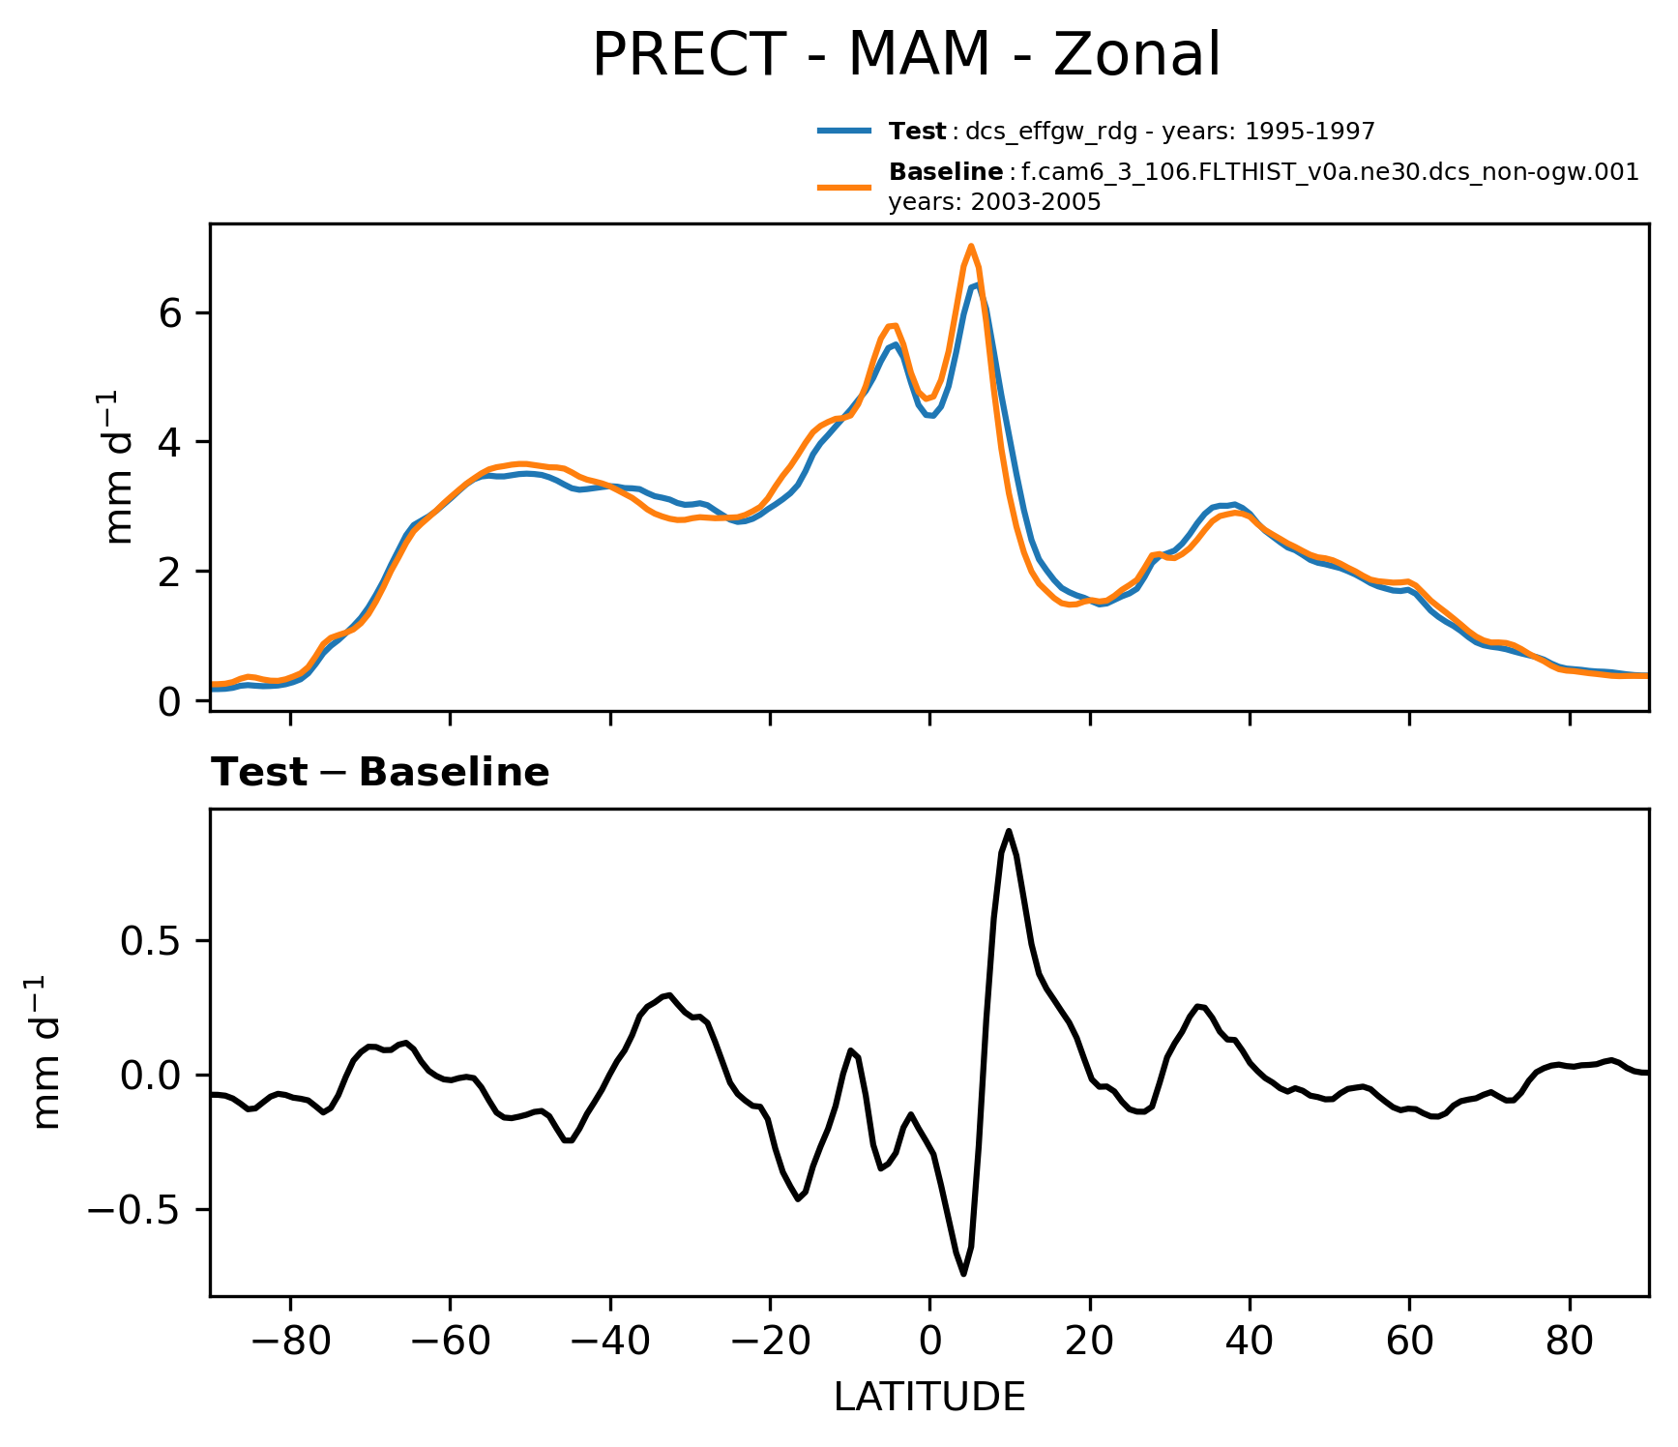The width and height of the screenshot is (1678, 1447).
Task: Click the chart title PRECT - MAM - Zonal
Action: pyautogui.click(x=906, y=55)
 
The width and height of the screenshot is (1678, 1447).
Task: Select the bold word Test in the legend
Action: pyautogui.click(x=917, y=132)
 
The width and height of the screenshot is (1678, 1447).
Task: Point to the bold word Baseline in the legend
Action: pyautogui.click(x=945, y=172)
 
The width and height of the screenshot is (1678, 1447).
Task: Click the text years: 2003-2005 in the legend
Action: pyautogui.click(x=994, y=202)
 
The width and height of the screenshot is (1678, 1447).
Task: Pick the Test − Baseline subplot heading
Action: pyautogui.click(x=380, y=773)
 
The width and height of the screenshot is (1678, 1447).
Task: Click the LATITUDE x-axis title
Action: pyautogui.click(x=929, y=1398)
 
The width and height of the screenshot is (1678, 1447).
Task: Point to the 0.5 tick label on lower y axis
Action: pyautogui.click(x=151, y=940)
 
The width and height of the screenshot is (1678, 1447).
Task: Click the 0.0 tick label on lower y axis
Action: pyautogui.click(x=151, y=1076)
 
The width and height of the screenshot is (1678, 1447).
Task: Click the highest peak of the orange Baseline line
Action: pyautogui.click(x=971, y=246)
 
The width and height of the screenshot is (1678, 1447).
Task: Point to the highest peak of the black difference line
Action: pyautogui.click(x=1009, y=831)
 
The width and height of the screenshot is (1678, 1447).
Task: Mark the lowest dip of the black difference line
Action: pyautogui.click(x=964, y=1274)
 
